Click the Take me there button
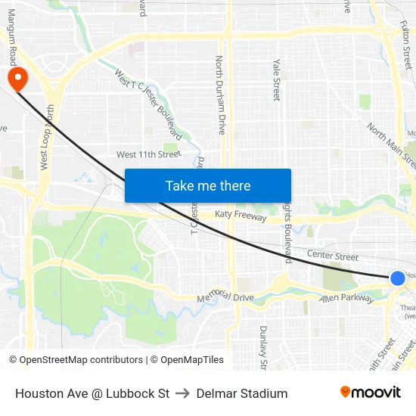[208, 185]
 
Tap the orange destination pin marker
[16, 79]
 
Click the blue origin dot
[398, 278]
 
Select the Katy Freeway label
[241, 217]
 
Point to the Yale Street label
[277, 80]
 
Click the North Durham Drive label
[221, 95]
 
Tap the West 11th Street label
[149, 154]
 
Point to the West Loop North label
[46, 137]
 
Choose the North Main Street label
[391, 145]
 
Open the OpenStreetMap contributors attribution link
[76, 360]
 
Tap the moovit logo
[371, 393]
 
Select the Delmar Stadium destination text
[242, 393]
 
